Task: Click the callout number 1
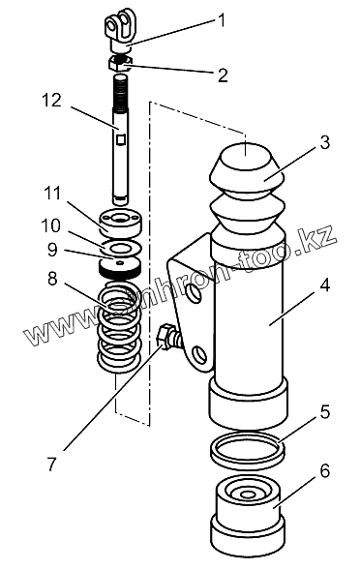221,20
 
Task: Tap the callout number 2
223,75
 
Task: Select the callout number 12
51,101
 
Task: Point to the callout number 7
52,464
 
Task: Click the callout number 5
325,412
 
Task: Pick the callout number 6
325,470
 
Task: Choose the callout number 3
325,141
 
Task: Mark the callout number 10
50,226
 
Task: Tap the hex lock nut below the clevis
121,63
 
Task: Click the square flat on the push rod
120,138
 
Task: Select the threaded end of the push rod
120,92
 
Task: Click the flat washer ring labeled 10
121,248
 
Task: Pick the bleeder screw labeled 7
168,337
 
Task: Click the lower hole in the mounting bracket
199,353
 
